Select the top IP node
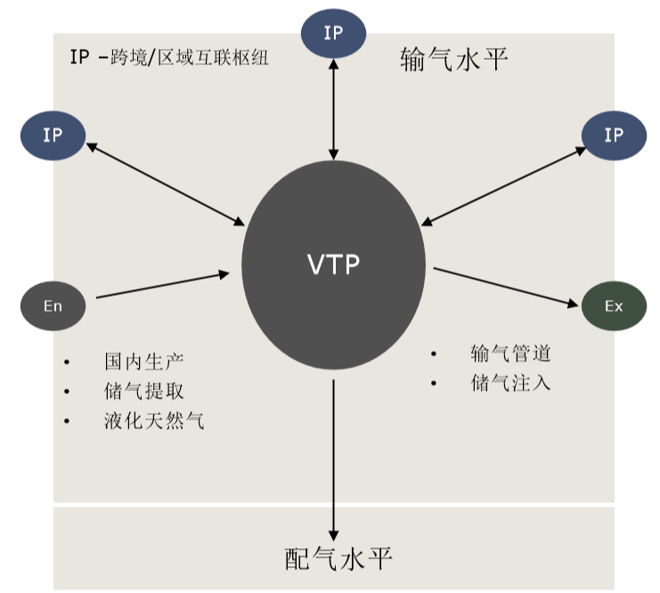pos(333,34)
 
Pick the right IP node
pos(614,135)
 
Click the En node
pos(53,306)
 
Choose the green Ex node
pos(614,306)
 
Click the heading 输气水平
pos(453,61)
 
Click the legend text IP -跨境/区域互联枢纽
pos(169,59)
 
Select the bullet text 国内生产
pos(144,363)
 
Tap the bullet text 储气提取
pos(144,392)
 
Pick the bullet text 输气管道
pos(511,353)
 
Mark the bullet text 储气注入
pos(511,384)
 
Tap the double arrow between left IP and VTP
pos(167,184)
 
